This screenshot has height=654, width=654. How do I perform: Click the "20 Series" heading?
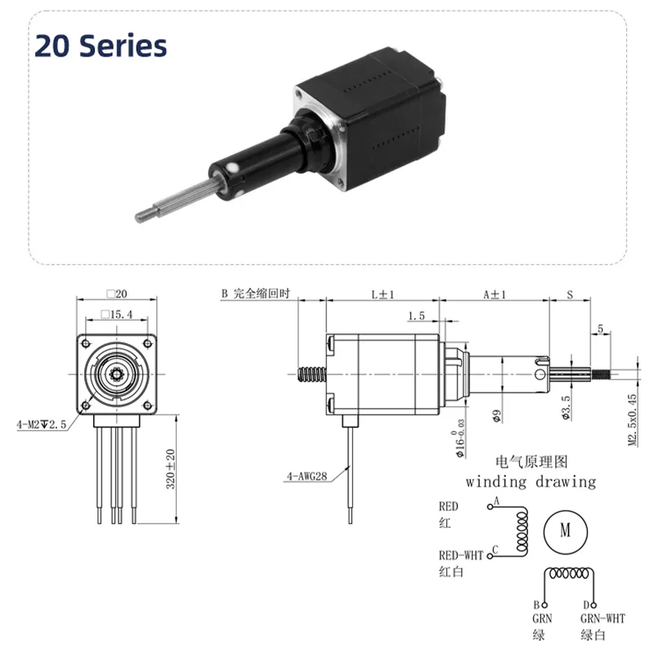coord(101,46)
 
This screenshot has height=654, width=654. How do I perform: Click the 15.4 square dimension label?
coord(117,314)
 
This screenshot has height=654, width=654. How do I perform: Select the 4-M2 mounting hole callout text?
coord(42,424)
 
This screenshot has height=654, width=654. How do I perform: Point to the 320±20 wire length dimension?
coord(170,468)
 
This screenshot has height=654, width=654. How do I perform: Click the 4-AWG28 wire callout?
coord(307,476)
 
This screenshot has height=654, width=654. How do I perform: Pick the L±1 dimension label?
coord(383,294)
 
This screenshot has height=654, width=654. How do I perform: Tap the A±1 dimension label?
coord(495,294)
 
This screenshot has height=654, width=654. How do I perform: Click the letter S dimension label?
coord(570,295)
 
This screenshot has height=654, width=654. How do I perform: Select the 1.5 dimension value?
coord(416,316)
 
